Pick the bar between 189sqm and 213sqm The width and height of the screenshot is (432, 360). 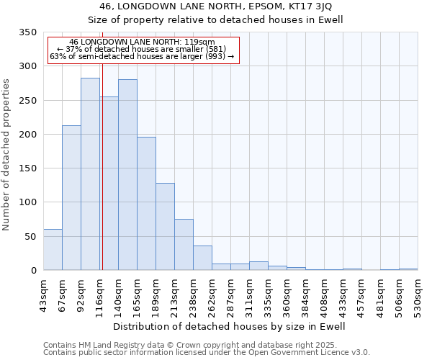click(165, 227)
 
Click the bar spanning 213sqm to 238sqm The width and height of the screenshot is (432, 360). click(184, 245)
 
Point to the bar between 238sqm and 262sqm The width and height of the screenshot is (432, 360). click(202, 258)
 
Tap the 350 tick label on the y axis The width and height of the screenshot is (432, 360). click(27, 32)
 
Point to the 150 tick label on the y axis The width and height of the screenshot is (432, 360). click(27, 168)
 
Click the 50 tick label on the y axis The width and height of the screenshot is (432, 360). click(30, 237)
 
